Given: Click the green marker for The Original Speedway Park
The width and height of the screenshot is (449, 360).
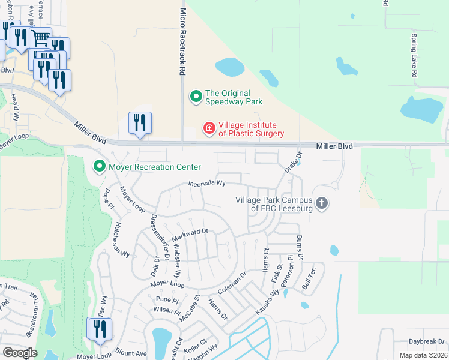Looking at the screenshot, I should pos(196,96).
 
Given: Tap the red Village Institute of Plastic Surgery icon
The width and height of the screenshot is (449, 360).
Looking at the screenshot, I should pos(209,129).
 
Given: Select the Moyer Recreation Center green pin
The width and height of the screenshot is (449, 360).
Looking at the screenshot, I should pos(98,166).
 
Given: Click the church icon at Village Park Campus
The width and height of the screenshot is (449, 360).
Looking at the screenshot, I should pos(322,203).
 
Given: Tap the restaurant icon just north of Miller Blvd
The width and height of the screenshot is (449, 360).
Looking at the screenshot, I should pos(140,122).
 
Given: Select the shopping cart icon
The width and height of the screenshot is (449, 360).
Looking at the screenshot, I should pos(40,38).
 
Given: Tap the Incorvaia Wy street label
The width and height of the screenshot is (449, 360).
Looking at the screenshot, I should pos(207,183).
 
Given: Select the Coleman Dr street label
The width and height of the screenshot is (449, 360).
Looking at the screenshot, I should pos(235,284).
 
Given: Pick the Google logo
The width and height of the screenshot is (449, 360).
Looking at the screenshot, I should pos(20,352).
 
